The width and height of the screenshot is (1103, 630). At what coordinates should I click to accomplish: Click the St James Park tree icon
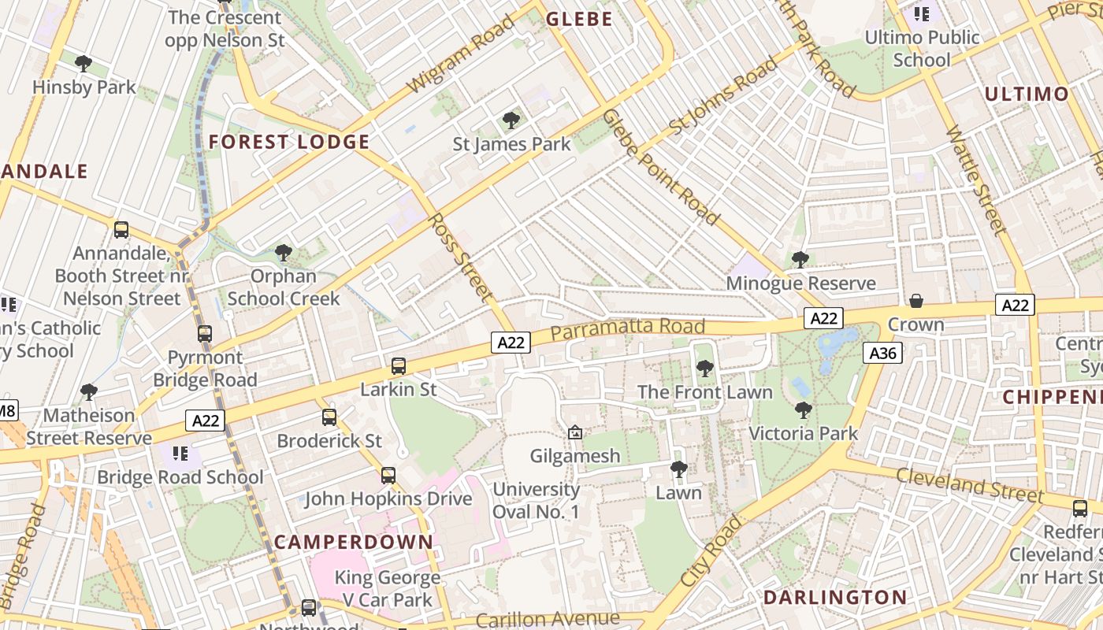coord(511,120)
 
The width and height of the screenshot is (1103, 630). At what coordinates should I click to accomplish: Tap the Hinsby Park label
coord(84,87)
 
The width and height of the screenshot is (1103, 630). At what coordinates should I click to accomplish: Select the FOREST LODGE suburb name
coord(289,142)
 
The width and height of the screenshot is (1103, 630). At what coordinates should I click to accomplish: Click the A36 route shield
coord(882,353)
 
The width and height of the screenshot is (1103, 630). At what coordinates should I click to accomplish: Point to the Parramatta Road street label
coord(627,329)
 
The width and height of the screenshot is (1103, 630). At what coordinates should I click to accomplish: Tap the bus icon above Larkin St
coord(399,366)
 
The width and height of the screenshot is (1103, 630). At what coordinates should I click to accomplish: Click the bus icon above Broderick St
coord(329,417)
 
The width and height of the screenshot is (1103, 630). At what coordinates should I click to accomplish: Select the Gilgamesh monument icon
coord(575,432)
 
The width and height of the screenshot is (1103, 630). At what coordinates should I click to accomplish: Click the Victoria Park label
coord(803,433)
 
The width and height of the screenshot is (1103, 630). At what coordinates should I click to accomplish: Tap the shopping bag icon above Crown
coord(915,301)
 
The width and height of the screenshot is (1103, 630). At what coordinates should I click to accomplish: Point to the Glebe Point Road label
coord(661,167)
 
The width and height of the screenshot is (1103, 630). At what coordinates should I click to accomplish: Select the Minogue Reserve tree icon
coord(800,259)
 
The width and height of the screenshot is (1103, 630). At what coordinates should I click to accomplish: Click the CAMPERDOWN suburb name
coord(354,542)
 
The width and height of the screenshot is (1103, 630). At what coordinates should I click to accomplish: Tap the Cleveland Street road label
coord(970,484)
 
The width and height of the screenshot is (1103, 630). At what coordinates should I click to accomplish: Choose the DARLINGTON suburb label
coord(835,597)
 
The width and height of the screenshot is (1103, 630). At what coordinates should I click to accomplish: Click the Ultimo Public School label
coord(922,48)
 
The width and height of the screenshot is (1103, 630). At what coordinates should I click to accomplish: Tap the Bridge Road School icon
coord(180,454)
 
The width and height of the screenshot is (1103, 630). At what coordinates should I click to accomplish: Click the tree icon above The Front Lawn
coord(705,368)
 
